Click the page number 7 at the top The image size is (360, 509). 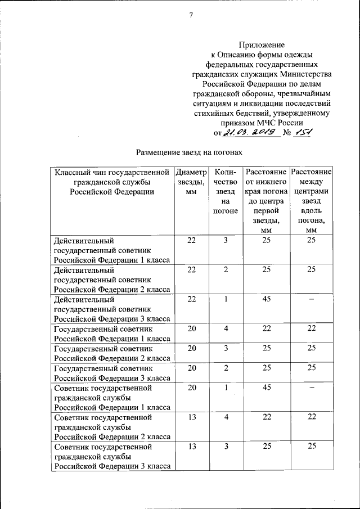pos(191,15)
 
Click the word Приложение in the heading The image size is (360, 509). pos(262,44)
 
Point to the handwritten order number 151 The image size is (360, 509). pos(303,133)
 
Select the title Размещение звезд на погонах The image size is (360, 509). pos(190,152)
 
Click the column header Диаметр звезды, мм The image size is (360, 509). pos(191,181)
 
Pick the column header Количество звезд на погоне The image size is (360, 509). pos(226,191)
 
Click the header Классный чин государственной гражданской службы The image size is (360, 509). pos(111,181)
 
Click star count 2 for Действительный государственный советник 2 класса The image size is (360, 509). pos(226,270)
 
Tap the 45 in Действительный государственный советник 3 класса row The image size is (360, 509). pos(267,299)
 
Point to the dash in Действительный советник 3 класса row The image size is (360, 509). pos(310,300)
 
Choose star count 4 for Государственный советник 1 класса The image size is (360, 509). pos(226,328)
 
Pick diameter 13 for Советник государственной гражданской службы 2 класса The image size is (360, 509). pos(191,417)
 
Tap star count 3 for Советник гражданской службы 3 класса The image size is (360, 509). pos(226,446)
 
